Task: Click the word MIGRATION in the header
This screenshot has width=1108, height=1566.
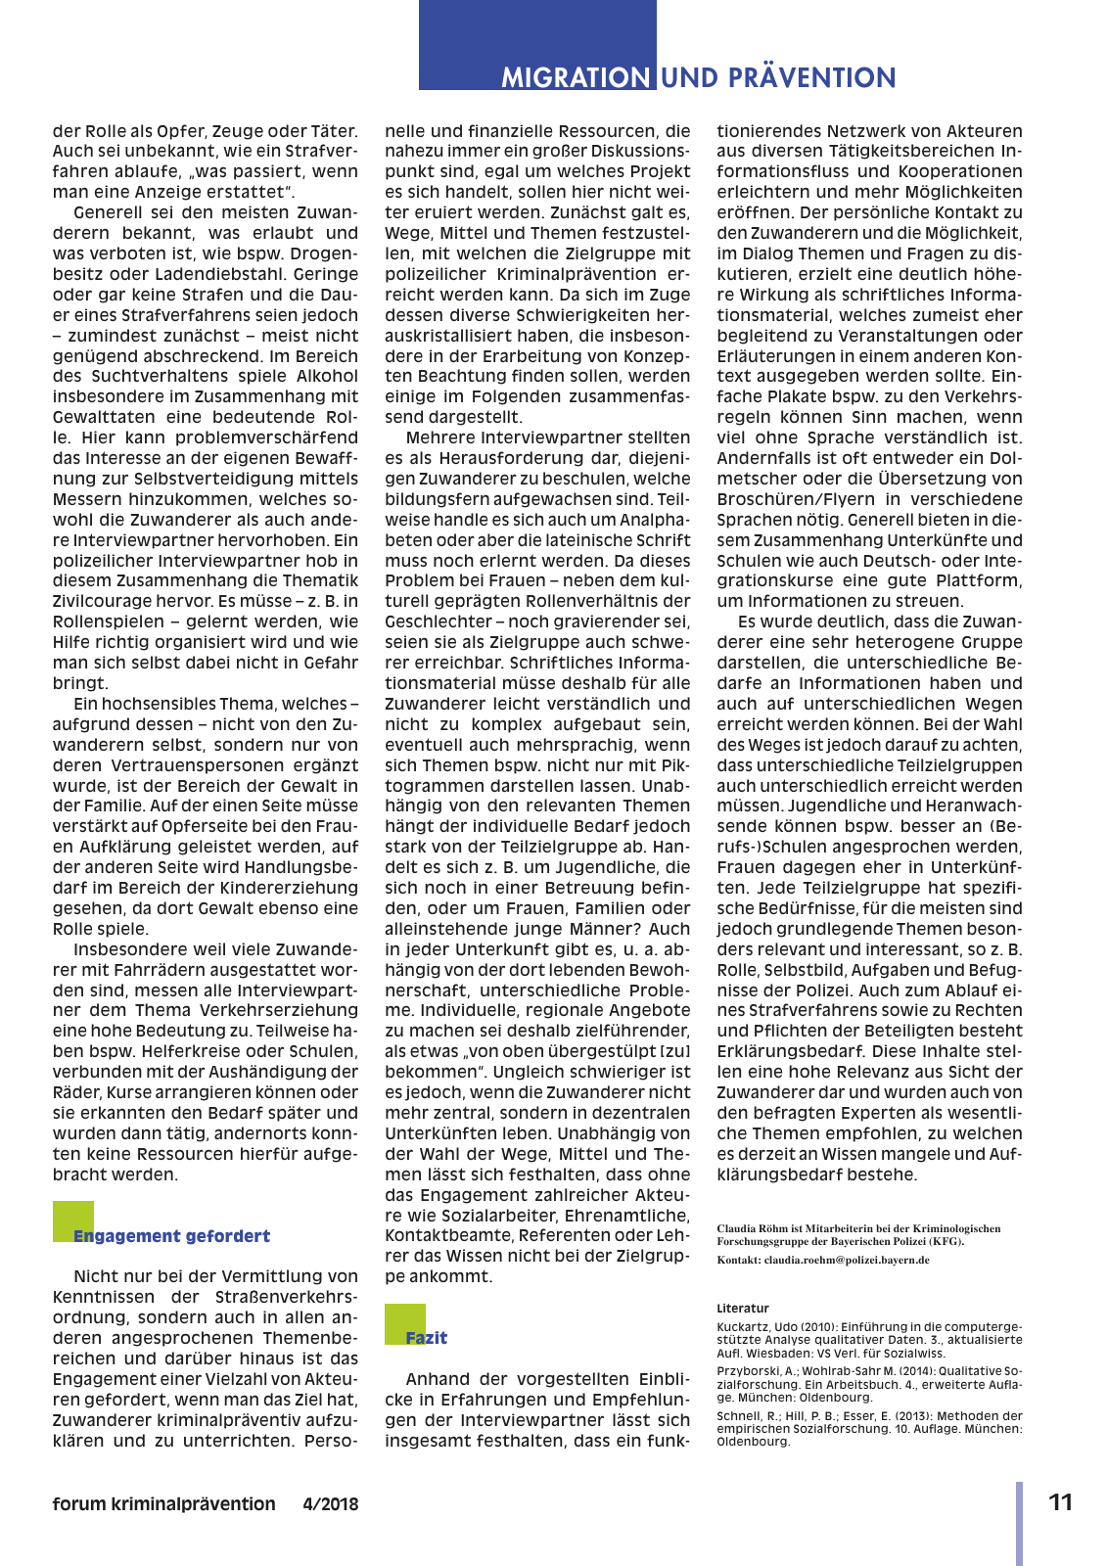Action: (576, 78)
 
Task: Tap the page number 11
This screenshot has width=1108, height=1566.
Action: (1061, 1502)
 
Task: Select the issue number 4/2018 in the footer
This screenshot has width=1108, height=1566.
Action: (331, 1504)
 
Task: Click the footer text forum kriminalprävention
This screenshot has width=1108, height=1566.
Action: (164, 1504)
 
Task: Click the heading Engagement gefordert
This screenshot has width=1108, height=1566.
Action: (172, 1236)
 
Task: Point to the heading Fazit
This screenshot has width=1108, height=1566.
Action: (427, 1338)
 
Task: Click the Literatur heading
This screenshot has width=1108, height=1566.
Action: (743, 1309)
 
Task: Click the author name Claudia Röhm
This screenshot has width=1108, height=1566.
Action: (752, 1228)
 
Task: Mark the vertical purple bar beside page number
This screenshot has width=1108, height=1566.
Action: (1019, 1522)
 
